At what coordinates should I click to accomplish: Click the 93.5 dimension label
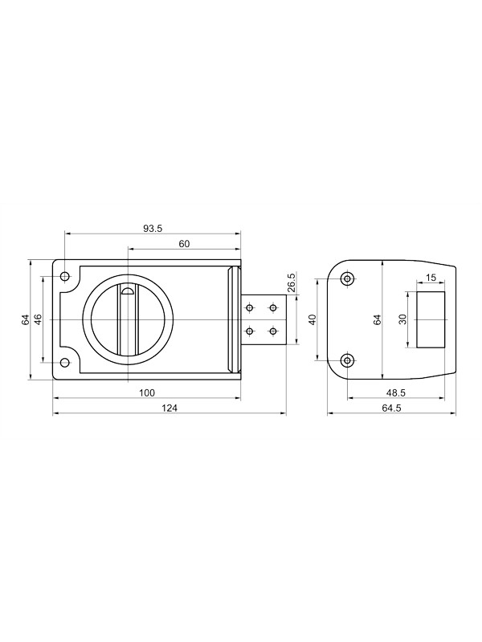(x=153, y=229)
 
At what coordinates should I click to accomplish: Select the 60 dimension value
(x=185, y=244)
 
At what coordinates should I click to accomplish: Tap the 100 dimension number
(x=147, y=393)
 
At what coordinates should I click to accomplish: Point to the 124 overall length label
(x=170, y=408)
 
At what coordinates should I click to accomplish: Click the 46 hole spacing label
(x=37, y=319)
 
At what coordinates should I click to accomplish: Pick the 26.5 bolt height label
(x=292, y=282)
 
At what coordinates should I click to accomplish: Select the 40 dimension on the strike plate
(x=312, y=319)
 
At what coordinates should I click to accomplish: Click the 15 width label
(x=431, y=278)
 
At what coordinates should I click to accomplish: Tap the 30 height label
(x=402, y=319)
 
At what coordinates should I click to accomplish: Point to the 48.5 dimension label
(x=396, y=393)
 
